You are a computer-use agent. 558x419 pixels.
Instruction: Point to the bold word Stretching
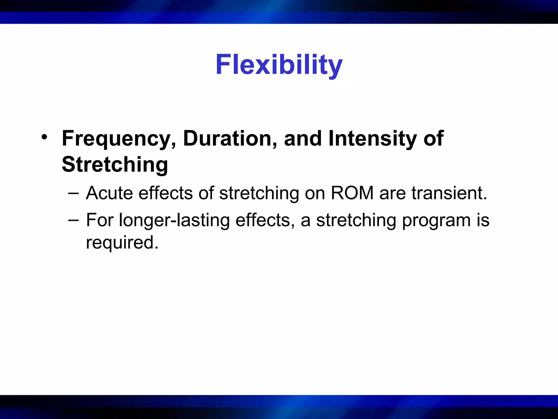pos(115,165)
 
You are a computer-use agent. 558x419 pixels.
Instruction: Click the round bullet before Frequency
pos(44,137)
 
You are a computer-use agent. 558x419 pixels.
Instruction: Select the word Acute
pos(109,193)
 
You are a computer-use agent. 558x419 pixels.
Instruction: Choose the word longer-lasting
pos(174,220)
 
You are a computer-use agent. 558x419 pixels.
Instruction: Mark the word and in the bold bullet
pos(303,139)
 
